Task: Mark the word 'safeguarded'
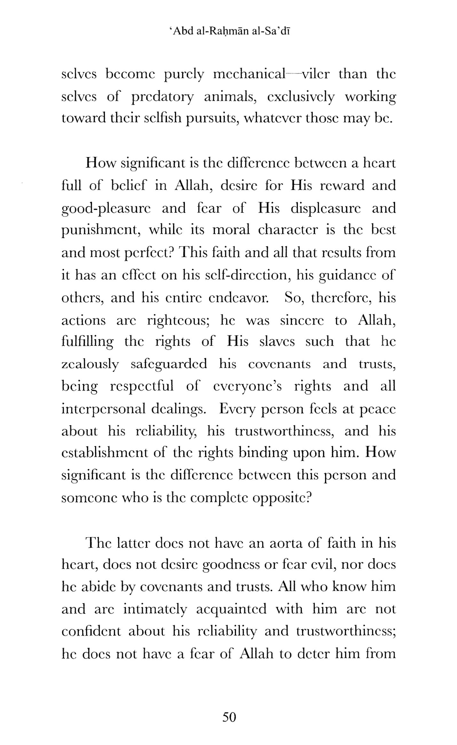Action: tap(169, 364)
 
